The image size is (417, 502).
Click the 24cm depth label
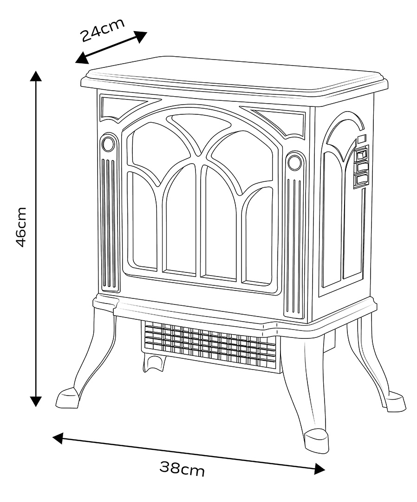[103, 30]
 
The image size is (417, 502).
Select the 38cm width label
[182, 469]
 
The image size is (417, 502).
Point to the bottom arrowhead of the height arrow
[36, 401]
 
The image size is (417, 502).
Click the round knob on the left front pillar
[108, 144]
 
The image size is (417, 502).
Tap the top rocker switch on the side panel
[361, 153]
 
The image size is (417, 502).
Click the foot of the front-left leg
[68, 398]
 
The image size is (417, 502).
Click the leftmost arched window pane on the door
[143, 220]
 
